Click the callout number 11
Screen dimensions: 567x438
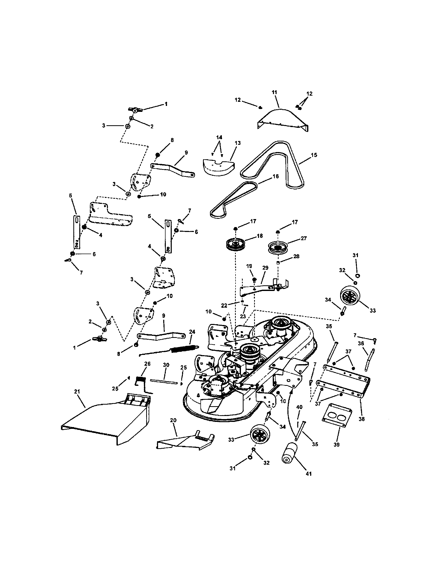point(275,92)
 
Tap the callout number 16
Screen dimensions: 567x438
point(276,176)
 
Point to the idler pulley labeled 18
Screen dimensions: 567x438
point(236,245)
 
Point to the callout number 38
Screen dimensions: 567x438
point(362,419)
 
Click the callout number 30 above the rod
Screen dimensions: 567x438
point(166,365)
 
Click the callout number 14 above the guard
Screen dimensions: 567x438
point(219,137)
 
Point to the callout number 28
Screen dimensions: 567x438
point(296,256)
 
